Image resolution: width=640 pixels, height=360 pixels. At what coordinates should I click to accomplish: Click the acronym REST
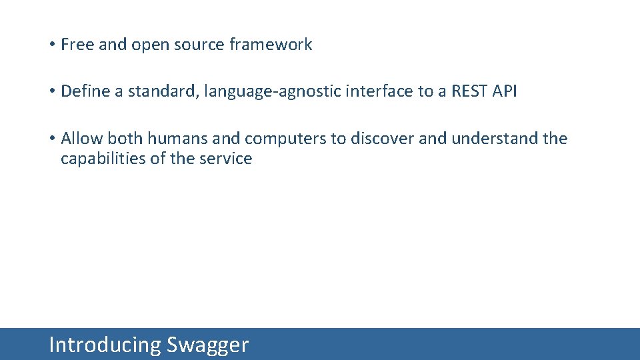click(469, 91)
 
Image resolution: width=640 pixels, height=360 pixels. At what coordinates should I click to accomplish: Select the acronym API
click(505, 91)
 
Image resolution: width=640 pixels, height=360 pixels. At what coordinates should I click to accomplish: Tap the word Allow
click(82, 139)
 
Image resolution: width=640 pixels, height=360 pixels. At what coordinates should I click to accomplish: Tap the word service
click(227, 159)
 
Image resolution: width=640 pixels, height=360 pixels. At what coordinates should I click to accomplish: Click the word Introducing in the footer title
click(105, 345)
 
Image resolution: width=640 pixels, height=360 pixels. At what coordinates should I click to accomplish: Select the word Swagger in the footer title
click(207, 345)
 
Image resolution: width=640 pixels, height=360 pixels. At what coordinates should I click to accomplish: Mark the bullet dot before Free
click(51, 45)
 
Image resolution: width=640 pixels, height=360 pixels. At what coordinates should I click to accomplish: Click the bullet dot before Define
click(51, 92)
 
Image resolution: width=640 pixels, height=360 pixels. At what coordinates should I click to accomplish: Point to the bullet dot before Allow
click(51, 139)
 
